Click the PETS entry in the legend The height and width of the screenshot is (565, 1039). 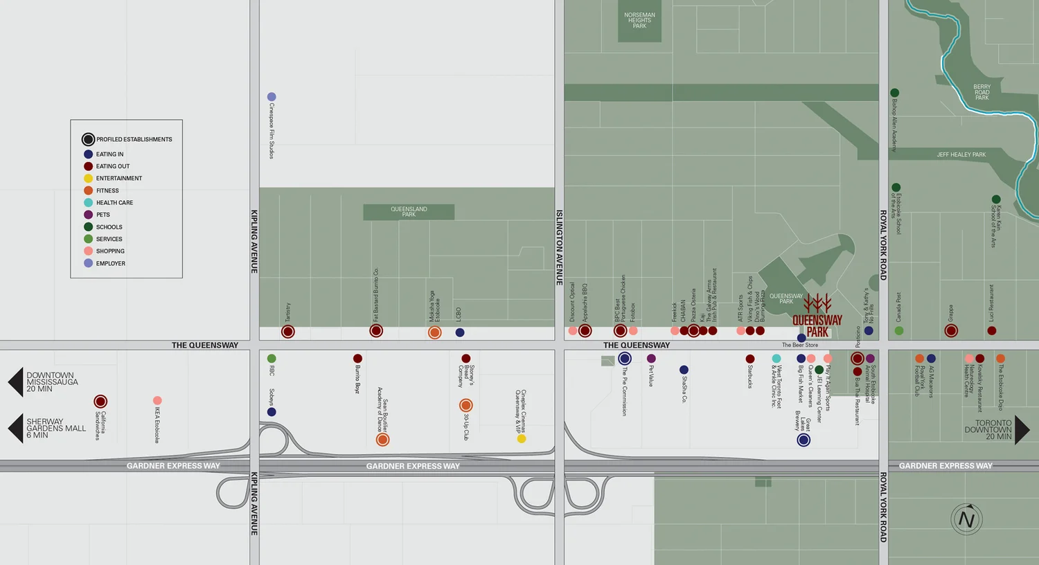(103, 215)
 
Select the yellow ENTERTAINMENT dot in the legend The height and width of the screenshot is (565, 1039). (89, 179)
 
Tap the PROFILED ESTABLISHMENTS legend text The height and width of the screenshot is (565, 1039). (134, 139)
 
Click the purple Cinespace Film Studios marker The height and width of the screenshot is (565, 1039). (272, 97)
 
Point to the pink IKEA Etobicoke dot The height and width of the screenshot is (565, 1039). (157, 401)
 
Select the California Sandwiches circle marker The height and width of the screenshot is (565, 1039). (100, 402)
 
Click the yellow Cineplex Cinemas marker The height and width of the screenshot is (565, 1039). (522, 438)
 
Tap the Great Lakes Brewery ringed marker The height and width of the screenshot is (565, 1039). (803, 440)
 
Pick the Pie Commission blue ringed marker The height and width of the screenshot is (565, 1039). (625, 359)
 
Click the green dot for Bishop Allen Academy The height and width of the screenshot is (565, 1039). (895, 93)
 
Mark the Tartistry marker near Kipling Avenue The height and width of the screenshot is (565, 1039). (288, 332)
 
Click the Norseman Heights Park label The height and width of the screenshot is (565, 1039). (639, 21)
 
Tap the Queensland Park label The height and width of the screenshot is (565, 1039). (409, 211)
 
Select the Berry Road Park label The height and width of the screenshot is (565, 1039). (982, 92)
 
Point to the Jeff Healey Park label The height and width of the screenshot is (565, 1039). (961, 154)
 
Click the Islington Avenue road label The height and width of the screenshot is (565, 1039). (559, 247)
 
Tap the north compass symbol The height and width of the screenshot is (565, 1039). (966, 519)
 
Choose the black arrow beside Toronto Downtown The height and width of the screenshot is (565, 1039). (1022, 430)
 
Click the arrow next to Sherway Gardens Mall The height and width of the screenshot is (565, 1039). (15, 429)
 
